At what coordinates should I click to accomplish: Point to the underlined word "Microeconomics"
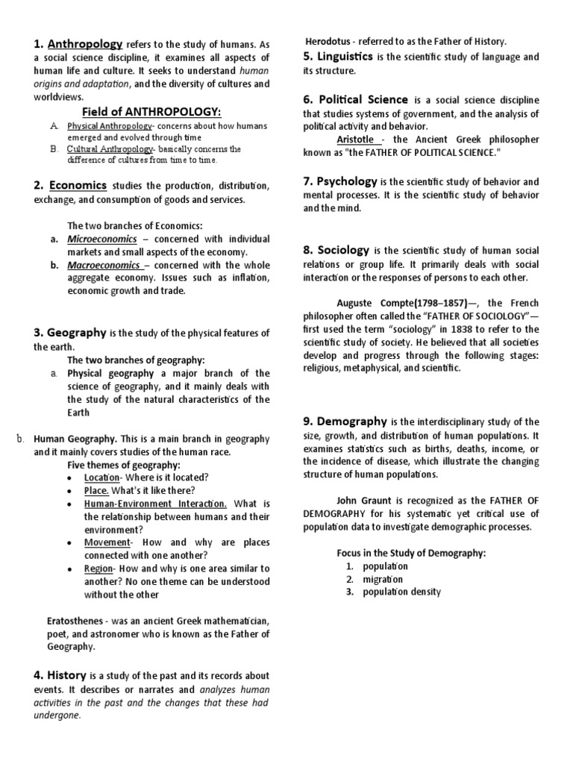pos(102,239)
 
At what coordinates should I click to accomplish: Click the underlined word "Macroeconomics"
pos(104,265)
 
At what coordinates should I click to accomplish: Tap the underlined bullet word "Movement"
pos(107,542)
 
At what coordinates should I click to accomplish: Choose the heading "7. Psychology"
pos(340,181)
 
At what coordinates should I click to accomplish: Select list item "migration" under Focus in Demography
pos(383,579)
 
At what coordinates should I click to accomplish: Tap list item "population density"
pos(401,592)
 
